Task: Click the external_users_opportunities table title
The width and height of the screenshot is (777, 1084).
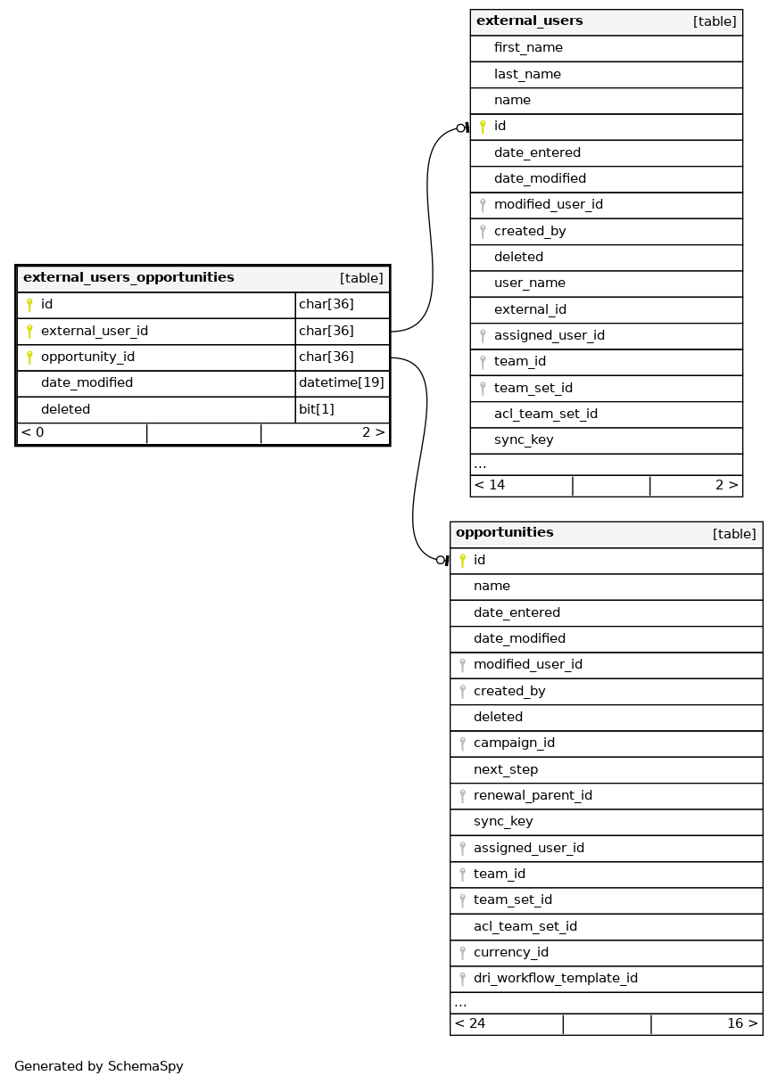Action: pos(128,278)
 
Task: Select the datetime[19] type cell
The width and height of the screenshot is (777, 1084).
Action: pos(342,383)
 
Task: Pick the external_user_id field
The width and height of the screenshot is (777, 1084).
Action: pos(94,332)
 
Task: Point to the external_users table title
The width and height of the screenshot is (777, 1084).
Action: pos(530,21)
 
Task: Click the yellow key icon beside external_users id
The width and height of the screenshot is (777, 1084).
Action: pos(483,127)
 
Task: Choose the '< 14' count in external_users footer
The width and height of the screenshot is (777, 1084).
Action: pos(490,486)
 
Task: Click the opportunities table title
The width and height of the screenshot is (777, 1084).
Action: pos(505,533)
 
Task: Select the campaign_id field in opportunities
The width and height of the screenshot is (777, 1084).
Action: pos(514,743)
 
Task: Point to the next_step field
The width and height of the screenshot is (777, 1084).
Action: pos(506,769)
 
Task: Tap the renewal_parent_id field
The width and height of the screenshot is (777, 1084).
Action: pos(533,795)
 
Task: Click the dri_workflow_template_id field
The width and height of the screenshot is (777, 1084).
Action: pos(555,978)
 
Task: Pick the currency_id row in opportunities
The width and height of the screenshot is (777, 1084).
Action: pos(510,952)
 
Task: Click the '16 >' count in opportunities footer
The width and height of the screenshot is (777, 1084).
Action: pos(742,1023)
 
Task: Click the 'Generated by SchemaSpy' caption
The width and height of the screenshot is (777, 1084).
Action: pos(98,1066)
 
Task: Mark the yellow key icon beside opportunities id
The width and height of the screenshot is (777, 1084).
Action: pos(462,560)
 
